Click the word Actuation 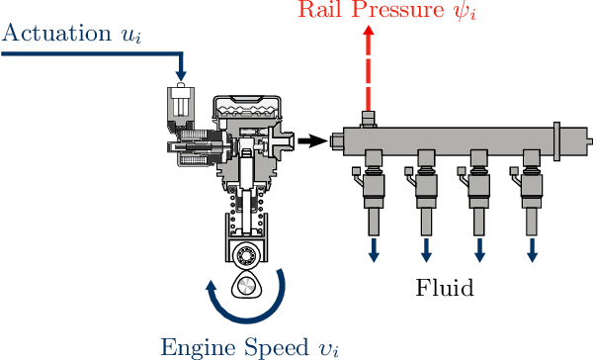[56, 33]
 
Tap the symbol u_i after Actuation [130, 36]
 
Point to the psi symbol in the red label [464, 10]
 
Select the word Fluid [445, 288]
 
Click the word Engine [199, 348]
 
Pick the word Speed [277, 347]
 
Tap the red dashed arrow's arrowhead [369, 31]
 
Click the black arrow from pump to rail [312, 141]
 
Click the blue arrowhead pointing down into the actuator [182, 75]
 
